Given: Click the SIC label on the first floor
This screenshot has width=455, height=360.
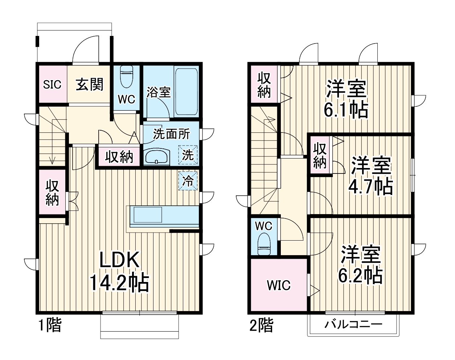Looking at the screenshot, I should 52,85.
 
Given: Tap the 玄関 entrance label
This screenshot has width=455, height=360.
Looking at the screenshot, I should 89,85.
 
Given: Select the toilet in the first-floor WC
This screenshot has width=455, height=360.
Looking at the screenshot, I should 127,77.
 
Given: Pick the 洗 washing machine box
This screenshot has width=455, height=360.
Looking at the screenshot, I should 188,155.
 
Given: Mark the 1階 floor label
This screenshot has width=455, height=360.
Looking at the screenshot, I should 50,325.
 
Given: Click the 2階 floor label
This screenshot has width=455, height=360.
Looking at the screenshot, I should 261,326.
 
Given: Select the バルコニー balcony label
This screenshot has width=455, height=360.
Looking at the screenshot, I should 353,324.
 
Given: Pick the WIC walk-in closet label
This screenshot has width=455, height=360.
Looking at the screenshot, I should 279,285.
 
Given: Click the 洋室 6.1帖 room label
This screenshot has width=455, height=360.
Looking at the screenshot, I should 346,99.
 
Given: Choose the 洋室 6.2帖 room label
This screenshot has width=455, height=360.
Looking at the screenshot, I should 360,265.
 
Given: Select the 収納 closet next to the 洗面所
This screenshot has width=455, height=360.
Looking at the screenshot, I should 119,157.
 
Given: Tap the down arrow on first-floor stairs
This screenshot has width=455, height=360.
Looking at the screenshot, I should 53,160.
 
